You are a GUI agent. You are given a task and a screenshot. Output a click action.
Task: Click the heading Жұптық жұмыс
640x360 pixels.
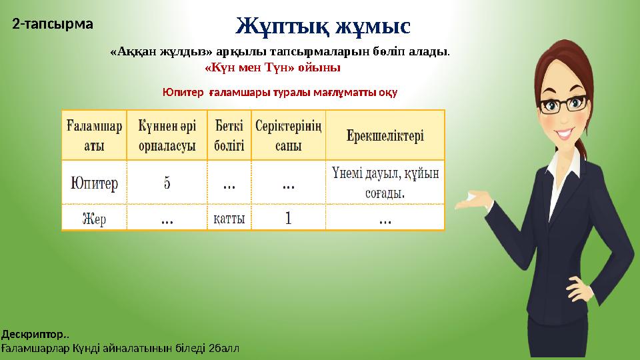323,26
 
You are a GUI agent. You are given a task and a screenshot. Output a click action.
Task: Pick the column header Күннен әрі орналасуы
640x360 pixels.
167,135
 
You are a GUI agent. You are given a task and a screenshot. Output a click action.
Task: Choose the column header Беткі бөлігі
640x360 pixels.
229,135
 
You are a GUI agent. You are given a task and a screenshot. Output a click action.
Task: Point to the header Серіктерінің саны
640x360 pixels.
288,135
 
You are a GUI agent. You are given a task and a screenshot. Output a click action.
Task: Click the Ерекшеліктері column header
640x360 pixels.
385,135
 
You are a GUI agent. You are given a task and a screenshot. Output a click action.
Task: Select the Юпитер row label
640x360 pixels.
94,182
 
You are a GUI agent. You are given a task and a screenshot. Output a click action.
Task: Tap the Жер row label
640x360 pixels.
94,218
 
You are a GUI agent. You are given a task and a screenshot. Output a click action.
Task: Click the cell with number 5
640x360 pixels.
167,182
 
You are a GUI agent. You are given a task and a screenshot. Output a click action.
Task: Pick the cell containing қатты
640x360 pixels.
229,218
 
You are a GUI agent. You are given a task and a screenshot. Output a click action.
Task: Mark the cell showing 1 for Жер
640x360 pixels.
288,218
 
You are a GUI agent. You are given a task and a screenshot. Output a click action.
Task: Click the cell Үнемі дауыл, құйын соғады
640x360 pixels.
385,182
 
